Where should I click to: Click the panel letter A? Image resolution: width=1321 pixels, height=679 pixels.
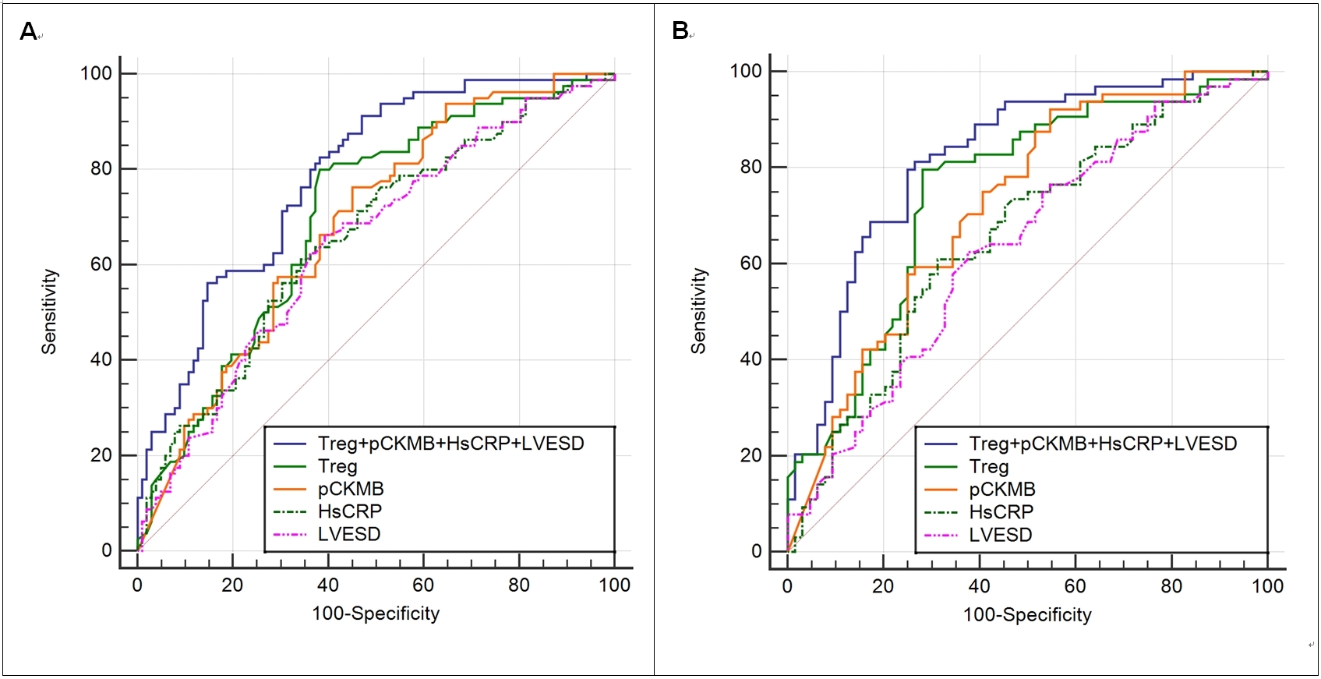(x=28, y=32)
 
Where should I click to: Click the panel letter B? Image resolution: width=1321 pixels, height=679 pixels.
(x=680, y=31)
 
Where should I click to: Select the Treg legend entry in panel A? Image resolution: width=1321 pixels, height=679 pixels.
(x=337, y=466)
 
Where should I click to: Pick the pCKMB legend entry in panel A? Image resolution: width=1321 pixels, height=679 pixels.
(x=351, y=489)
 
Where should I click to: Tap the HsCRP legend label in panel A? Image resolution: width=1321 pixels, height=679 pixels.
(x=350, y=511)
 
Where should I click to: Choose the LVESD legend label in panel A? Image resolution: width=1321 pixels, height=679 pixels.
(x=349, y=534)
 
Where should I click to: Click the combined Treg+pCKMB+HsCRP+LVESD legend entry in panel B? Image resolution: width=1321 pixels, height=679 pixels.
(x=1102, y=444)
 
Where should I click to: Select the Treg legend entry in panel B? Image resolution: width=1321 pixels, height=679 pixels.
(x=989, y=467)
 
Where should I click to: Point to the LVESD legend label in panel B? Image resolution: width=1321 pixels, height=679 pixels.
(x=1001, y=535)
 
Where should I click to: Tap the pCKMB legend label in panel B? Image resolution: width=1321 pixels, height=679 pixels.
(x=1002, y=490)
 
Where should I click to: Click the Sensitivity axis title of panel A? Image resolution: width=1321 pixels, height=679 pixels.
(x=49, y=312)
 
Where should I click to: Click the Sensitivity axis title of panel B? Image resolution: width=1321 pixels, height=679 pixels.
(x=698, y=311)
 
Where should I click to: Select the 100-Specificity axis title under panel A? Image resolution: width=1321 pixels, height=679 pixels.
(x=376, y=614)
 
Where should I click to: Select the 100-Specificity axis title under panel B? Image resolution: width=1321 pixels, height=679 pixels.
(x=1027, y=614)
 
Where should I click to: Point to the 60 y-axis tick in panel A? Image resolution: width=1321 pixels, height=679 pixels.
(x=101, y=264)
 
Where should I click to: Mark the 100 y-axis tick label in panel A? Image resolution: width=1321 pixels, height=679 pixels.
(x=96, y=73)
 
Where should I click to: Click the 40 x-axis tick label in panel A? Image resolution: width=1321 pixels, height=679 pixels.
(x=328, y=585)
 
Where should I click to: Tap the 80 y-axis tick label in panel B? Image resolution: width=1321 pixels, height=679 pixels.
(x=751, y=167)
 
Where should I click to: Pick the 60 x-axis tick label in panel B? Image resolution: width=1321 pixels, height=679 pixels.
(x=1076, y=586)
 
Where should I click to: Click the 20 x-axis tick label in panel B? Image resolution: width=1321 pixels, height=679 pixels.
(x=883, y=586)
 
